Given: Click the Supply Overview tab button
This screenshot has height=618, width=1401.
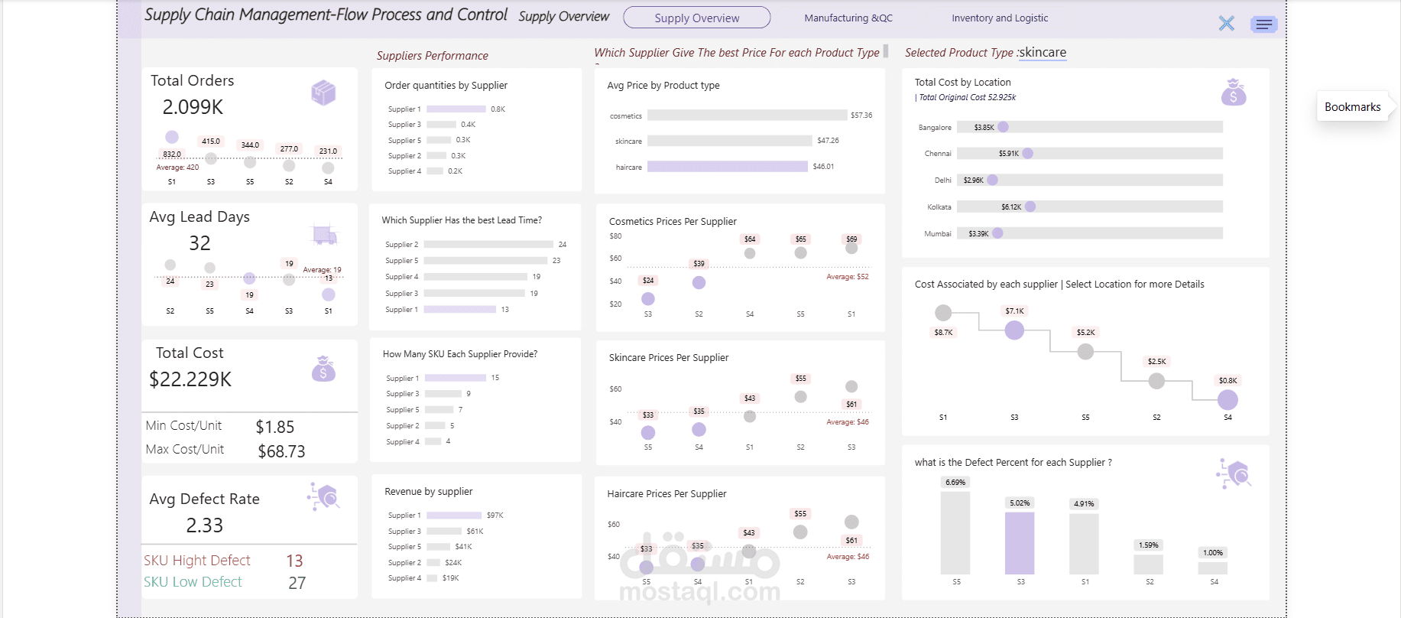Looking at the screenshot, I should click(x=696, y=18).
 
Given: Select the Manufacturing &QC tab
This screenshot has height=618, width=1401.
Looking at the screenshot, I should click(x=848, y=18).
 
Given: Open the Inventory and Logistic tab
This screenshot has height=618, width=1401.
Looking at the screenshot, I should click(x=999, y=18).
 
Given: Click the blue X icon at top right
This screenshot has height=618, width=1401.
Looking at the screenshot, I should click(x=1226, y=24).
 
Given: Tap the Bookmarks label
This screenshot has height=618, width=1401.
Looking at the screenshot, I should click(x=1352, y=107).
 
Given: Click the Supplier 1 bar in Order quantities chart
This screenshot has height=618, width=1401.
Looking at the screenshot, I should click(x=456, y=109).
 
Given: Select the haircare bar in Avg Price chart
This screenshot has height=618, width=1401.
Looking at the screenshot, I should click(x=727, y=167).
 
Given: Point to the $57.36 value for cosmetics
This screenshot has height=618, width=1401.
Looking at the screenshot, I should click(x=861, y=115).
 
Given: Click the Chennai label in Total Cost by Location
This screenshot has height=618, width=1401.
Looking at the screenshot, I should click(x=937, y=154).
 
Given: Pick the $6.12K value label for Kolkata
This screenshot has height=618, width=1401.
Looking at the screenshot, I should click(x=1010, y=207).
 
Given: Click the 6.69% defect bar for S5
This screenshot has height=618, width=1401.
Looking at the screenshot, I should click(x=955, y=532).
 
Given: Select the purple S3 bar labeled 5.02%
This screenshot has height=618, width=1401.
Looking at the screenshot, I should click(x=1019, y=543).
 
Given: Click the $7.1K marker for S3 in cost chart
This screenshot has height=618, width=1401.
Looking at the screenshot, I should click(x=1013, y=330).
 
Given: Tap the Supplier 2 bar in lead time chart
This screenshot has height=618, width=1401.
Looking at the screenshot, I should click(x=488, y=245).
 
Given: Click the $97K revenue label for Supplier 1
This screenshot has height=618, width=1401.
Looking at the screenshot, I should click(x=495, y=516).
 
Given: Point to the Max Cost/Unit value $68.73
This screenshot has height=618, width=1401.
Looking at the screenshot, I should click(x=281, y=451).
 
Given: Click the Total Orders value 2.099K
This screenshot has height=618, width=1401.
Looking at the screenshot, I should click(x=193, y=107).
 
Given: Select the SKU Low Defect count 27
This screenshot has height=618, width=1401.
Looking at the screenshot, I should click(x=297, y=583).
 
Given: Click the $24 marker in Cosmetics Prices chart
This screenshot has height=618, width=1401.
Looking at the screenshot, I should click(x=647, y=298).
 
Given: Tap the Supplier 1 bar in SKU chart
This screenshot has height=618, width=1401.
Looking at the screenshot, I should click(x=455, y=378).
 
